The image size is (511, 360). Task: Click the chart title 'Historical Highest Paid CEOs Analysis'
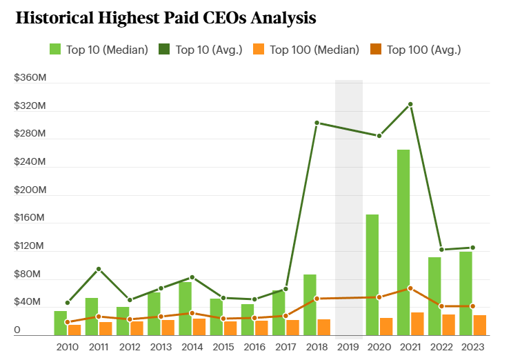166,19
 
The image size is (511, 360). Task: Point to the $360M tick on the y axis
30,79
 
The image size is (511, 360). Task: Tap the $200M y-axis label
30,190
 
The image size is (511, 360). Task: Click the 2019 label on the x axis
348,346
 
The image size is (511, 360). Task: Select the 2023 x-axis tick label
472,346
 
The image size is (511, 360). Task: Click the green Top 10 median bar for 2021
403,242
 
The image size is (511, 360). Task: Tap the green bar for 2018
310,304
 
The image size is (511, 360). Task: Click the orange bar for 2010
74,330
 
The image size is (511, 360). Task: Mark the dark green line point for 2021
410,104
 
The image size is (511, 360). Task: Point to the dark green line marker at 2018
317,123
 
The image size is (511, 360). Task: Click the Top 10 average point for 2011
99,269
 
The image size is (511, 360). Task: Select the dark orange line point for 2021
410,288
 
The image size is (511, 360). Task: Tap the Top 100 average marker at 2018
317,299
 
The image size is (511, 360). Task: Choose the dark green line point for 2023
472,248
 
